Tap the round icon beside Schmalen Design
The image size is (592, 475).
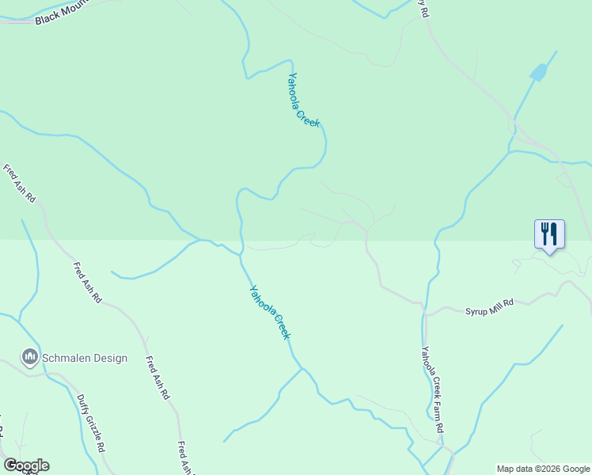pyautogui.click(x=30, y=358)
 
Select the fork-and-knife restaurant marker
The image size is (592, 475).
pyautogui.click(x=549, y=234)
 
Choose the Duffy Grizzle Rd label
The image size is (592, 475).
pyautogui.click(x=92, y=424)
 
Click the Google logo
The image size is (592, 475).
pyautogui.click(x=26, y=465)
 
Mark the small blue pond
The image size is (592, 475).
pyautogui.click(x=538, y=74)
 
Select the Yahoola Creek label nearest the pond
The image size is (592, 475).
pyautogui.click(x=304, y=100)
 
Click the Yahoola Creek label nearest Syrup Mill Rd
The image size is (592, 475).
pyautogui.click(x=271, y=312)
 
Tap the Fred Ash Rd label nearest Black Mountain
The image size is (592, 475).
pyautogui.click(x=20, y=184)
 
